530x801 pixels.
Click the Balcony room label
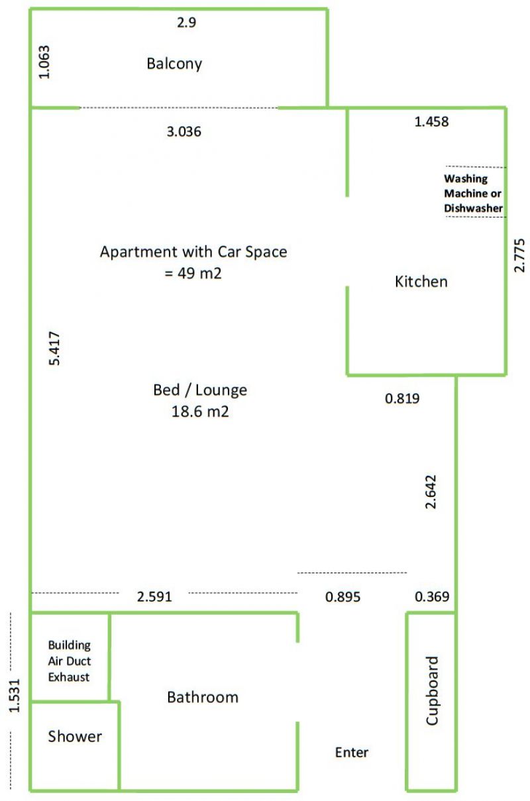[174, 64]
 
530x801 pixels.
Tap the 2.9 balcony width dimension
[186, 23]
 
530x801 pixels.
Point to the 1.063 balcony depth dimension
[44, 62]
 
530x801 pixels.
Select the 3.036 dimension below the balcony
[184, 132]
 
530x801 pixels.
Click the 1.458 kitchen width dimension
[431, 122]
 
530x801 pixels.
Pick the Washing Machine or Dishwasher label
[473, 193]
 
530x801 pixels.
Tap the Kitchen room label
[421, 282]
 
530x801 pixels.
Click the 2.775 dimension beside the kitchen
[519, 255]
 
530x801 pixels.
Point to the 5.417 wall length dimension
[54, 348]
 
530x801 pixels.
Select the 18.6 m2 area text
[200, 411]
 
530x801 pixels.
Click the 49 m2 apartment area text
[193, 273]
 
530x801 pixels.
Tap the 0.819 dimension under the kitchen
[402, 398]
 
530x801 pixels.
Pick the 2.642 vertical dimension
[430, 492]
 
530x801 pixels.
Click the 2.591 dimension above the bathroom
[154, 596]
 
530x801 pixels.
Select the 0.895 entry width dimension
[343, 596]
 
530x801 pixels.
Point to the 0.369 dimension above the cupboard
[432, 596]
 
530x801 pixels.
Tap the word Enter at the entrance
[352, 753]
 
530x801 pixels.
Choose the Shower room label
[75, 737]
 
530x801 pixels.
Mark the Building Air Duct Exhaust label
[70, 661]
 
